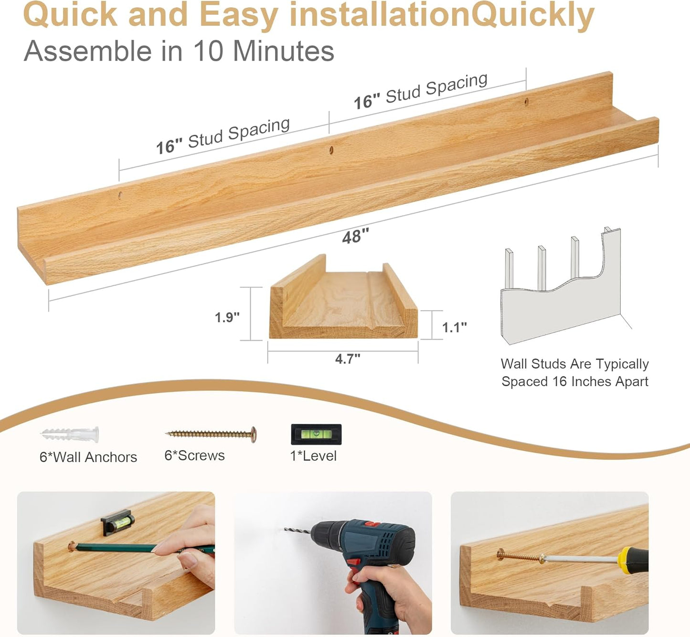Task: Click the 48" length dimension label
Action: [355, 236]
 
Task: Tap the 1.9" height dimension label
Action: [227, 317]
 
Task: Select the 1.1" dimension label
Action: [454, 327]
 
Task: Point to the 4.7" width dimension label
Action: [348, 359]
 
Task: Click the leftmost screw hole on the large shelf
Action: [120, 195]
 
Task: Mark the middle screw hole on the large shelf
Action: [331, 150]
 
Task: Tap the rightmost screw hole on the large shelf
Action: [527, 102]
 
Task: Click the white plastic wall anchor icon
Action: [70, 434]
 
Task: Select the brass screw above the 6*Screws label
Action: [211, 434]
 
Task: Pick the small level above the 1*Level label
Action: [316, 434]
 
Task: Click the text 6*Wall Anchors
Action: [88, 457]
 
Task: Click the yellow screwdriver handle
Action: [633, 558]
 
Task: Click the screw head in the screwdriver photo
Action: [500, 554]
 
